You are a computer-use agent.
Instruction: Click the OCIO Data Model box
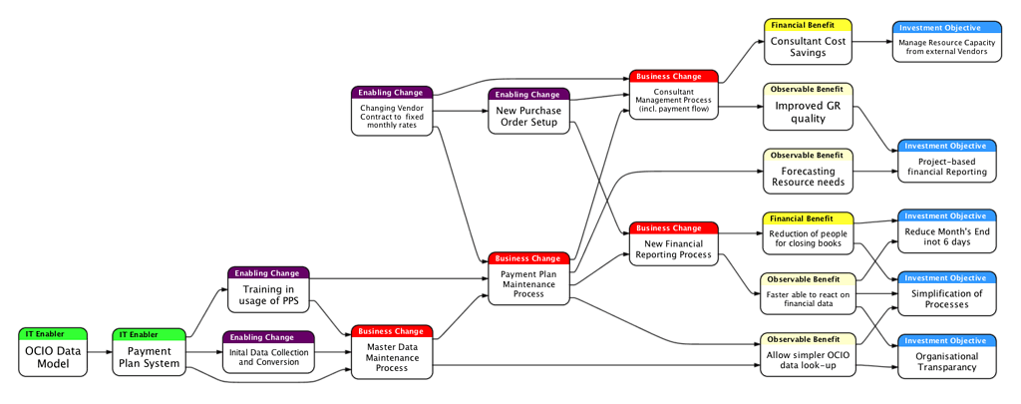coord(53,357)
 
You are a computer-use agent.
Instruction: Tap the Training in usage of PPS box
coord(268,295)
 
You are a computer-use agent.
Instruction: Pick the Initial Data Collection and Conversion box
coord(267,356)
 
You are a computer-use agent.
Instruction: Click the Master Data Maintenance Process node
coord(392,356)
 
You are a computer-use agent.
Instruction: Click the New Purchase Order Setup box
coord(528,116)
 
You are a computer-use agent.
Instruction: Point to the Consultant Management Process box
coord(674,100)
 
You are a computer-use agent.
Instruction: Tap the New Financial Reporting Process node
coord(674,249)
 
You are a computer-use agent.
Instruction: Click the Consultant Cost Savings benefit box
coord(808,47)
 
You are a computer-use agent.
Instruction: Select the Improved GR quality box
coord(808,112)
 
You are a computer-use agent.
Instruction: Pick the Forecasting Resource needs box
coord(808,176)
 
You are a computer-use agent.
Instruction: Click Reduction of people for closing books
coord(808,239)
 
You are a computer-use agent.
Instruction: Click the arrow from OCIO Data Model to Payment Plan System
coord(100,352)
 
